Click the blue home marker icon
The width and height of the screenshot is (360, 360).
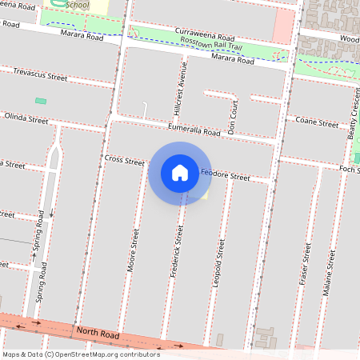[x=180, y=172]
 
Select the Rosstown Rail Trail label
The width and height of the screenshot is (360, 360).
[x=211, y=46]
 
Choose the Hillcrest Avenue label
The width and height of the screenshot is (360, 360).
[x=183, y=88]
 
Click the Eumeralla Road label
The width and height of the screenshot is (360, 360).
[x=194, y=130]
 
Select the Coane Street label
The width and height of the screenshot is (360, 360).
[x=317, y=122]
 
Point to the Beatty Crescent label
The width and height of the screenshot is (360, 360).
[x=352, y=116]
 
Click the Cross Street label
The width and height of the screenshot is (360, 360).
[x=124, y=160]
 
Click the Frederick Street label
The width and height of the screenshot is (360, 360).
[x=178, y=250]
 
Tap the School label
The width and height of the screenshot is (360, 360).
[x=78, y=5]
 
